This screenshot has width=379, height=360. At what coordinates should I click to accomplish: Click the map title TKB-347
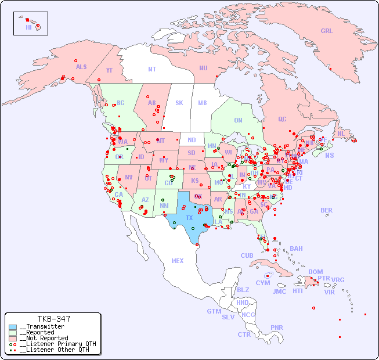[x=54, y=319]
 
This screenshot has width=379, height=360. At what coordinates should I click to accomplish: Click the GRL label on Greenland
[x=327, y=31]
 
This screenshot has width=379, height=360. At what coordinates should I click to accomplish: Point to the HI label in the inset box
[x=28, y=27]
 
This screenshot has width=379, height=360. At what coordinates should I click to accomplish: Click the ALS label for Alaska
[x=81, y=67]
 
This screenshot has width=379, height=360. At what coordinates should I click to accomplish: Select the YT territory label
[x=109, y=70]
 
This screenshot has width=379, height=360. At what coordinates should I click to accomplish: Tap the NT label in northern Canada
[x=152, y=69]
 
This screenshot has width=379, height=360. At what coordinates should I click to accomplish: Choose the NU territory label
[x=203, y=69]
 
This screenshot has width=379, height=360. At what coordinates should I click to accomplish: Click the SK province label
[x=179, y=103]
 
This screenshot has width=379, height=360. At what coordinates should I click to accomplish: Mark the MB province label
[x=203, y=103]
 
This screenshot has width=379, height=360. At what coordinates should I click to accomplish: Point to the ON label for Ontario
[x=238, y=121]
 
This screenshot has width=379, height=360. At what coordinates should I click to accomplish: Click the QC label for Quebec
[x=282, y=120]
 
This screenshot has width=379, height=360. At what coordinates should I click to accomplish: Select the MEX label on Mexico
[x=178, y=261]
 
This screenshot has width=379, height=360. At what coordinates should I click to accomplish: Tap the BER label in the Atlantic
[x=327, y=211]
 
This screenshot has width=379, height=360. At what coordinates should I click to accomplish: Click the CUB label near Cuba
[x=247, y=256]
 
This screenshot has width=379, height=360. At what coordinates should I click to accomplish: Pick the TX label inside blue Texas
[x=189, y=218]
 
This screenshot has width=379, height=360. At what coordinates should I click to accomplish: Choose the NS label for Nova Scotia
[x=329, y=156]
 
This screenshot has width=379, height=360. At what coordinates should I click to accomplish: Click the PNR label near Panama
[x=277, y=327]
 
